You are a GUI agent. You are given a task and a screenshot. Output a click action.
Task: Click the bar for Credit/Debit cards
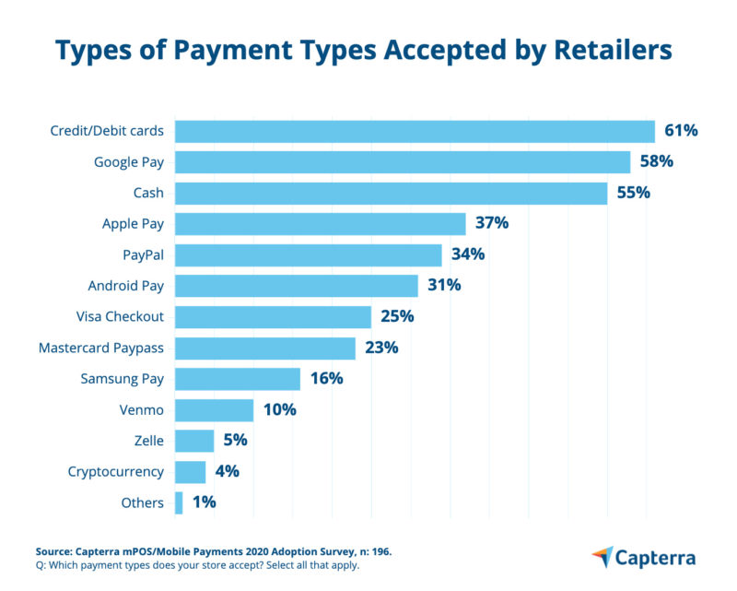(x=415, y=131)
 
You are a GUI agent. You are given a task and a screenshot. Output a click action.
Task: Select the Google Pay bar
(x=403, y=162)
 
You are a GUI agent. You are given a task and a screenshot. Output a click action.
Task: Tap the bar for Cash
(x=391, y=193)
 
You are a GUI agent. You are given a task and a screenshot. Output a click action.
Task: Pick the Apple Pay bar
(x=320, y=224)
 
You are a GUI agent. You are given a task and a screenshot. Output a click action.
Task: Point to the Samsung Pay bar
(x=237, y=379)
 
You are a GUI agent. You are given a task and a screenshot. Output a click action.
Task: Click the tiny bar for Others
(x=179, y=502)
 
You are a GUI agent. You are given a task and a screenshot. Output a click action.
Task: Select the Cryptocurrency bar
(x=190, y=472)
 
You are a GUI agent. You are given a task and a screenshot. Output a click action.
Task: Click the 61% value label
(x=681, y=131)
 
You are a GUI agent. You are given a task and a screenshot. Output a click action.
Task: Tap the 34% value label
(x=468, y=254)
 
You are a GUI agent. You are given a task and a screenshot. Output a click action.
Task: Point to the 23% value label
(x=380, y=348)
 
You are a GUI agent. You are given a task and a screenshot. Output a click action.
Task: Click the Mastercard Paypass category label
(x=101, y=349)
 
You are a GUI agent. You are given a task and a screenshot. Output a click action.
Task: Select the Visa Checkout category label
(x=120, y=317)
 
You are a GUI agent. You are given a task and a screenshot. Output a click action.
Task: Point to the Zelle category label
(x=146, y=441)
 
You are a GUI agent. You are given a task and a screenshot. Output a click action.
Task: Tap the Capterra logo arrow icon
(x=602, y=556)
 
